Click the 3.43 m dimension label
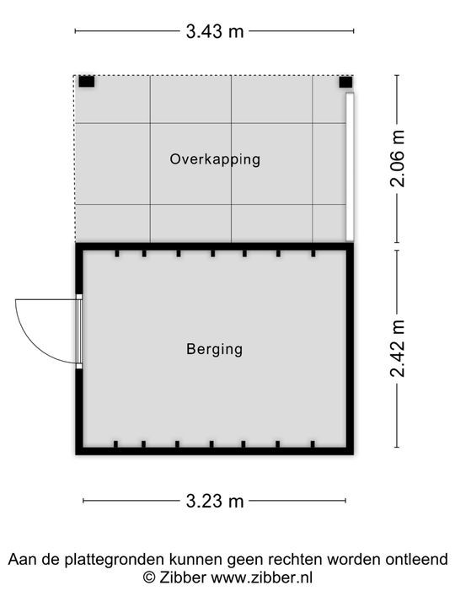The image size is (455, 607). pyautogui.click(x=214, y=32)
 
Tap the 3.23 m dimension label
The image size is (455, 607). pyautogui.click(x=214, y=501)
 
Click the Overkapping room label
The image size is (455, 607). pyautogui.click(x=214, y=158)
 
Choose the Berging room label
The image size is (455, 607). pyautogui.click(x=214, y=348)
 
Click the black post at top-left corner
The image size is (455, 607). pyautogui.click(x=86, y=82)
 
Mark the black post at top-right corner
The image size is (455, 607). pyautogui.click(x=345, y=82)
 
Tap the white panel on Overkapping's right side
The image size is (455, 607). pyautogui.click(x=350, y=166)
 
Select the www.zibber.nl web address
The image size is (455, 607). pyautogui.click(x=261, y=577)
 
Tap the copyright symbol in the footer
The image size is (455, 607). pyautogui.click(x=150, y=577)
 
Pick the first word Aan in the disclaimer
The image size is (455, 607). pyautogui.click(x=21, y=559)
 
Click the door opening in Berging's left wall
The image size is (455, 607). pyautogui.click(x=79, y=330)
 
